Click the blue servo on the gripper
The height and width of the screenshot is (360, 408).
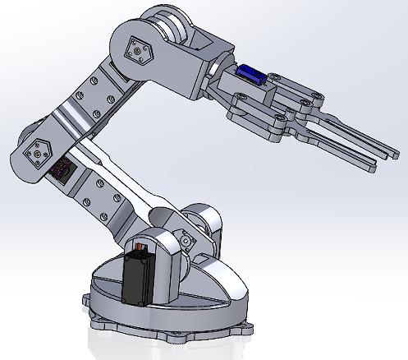tap(250, 76)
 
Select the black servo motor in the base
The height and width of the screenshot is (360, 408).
tap(139, 280)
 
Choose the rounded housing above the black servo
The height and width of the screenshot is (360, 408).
tap(160, 247)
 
